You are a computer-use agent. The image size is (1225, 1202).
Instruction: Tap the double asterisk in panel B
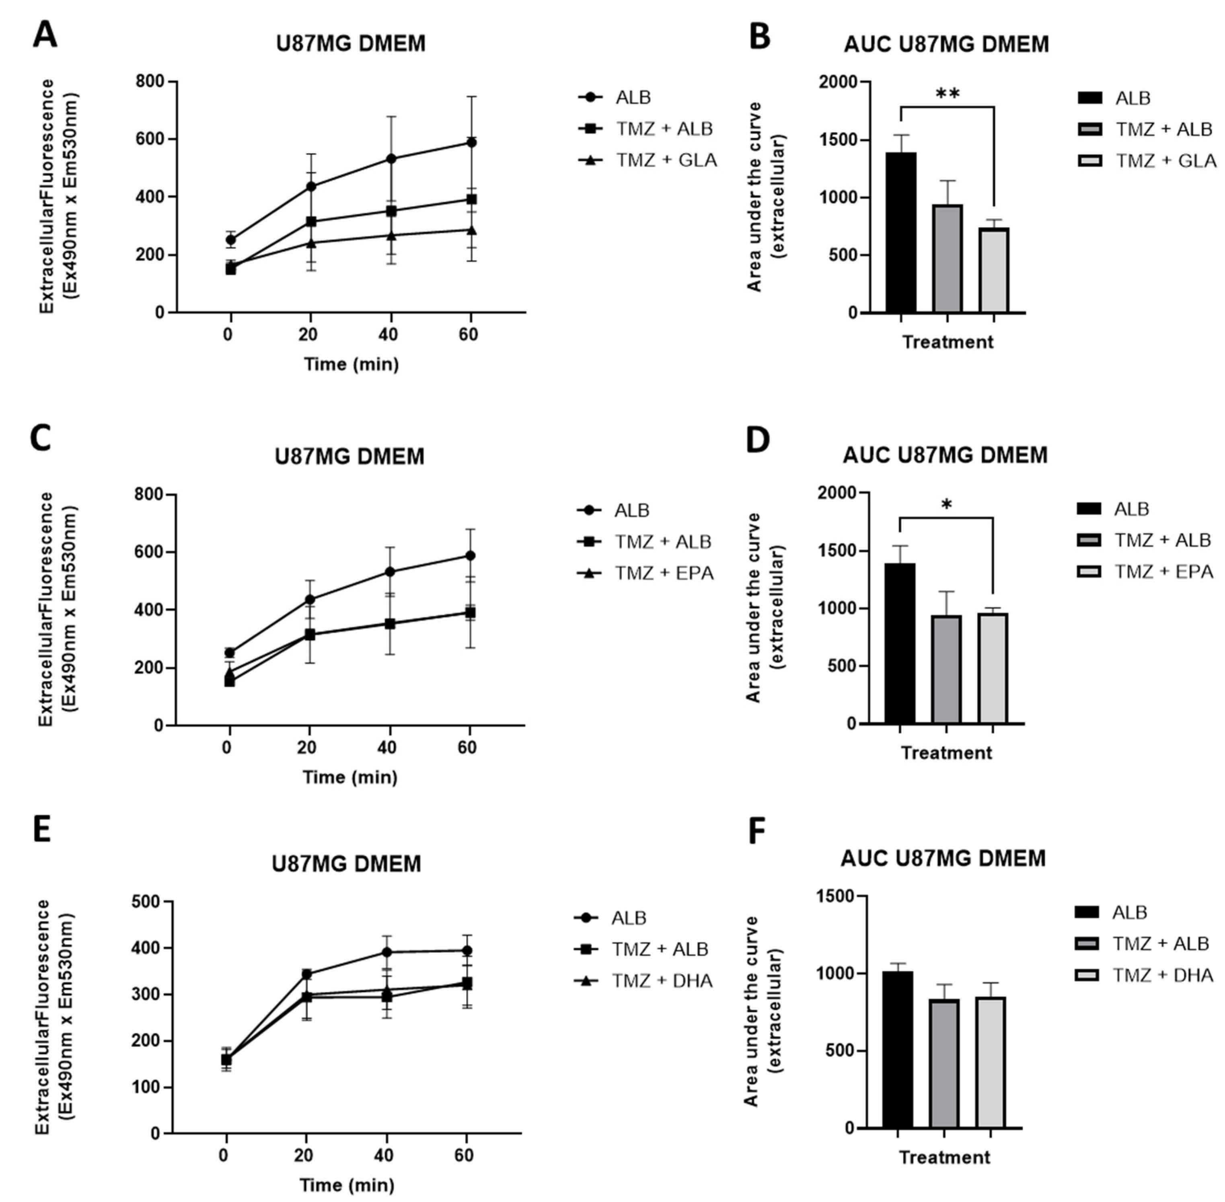tap(947, 94)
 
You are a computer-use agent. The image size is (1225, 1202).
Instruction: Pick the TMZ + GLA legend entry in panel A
tap(666, 160)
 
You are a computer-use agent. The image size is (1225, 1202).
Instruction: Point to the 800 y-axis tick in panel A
tap(150, 82)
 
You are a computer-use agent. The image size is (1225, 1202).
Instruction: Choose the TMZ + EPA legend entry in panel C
tap(663, 573)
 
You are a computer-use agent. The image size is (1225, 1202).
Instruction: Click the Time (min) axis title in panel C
tap(350, 777)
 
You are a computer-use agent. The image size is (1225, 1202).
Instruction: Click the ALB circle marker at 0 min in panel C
tap(230, 653)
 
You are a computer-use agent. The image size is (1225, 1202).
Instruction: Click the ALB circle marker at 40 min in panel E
tap(386, 952)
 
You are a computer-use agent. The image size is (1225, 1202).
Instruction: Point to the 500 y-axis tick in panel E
tap(145, 902)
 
